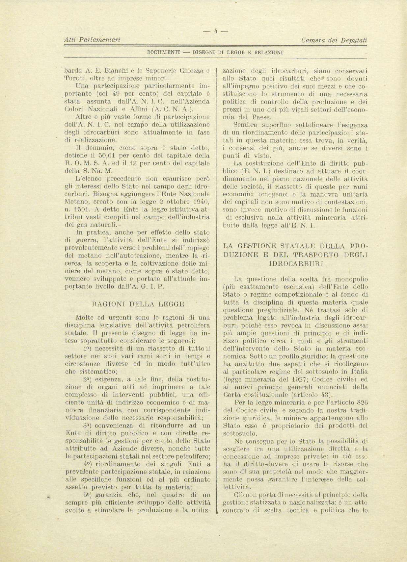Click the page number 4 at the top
coord(216,31)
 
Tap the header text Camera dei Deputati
coord(334,40)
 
